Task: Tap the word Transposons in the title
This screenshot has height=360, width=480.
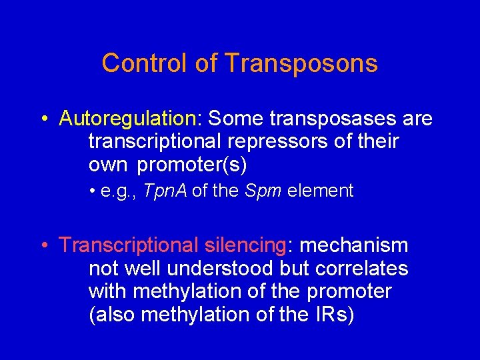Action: point(301,63)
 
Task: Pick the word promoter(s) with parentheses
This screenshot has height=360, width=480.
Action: point(192,165)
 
